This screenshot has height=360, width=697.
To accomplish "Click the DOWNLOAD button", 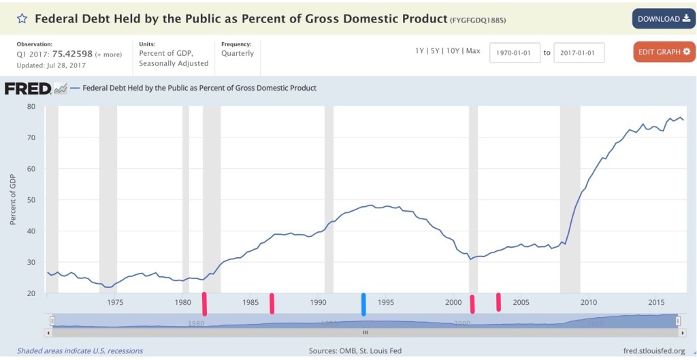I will coord(663,19).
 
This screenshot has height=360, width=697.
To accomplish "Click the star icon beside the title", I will coord(22,18).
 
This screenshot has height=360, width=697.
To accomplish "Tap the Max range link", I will coord(474,51).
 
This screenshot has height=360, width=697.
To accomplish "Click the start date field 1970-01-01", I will coord(515,52).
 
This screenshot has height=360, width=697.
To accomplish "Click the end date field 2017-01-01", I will coord(579,52).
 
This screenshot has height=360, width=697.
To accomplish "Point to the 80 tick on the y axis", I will coord(31,106).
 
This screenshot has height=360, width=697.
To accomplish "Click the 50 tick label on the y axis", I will coord(31,200).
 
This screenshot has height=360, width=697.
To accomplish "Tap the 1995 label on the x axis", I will coord(386,302).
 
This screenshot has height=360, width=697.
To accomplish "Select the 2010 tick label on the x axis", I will coord(589,302).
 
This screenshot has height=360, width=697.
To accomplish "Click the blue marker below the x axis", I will coord(363,304).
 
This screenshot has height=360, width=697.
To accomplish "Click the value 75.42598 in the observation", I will coord(72,54).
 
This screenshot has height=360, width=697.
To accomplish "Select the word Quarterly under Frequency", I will coord(238,54).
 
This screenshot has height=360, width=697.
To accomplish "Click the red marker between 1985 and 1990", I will coord(272,304).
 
